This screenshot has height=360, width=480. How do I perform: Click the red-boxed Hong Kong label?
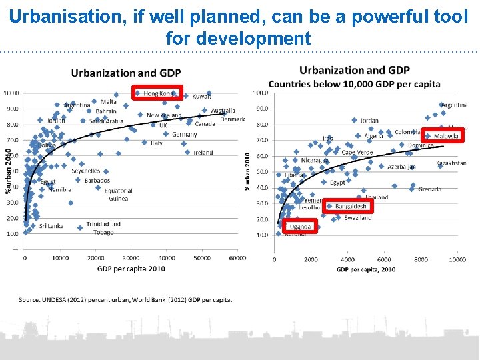coord(157,93)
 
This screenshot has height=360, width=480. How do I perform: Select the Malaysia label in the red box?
coord(446,136)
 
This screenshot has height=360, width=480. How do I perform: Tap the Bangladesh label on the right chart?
coord(351,206)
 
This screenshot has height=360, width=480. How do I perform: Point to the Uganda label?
coord(301,227)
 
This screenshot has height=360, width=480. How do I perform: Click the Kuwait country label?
coord(201,96)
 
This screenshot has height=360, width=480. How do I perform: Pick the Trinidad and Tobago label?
coord(103,228)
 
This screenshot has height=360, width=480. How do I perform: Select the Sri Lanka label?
coord(51,226)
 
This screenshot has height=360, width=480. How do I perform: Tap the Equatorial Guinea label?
coord(118,194)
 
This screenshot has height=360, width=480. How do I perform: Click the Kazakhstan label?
coord(451,163)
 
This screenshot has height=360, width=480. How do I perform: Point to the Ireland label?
coord(203,153)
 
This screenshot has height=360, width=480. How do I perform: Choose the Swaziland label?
coord(358,218)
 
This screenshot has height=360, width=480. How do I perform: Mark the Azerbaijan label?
coord(402,167)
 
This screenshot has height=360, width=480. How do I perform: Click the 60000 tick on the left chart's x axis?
coord(237,257)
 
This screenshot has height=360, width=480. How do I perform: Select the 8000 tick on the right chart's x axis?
coord(420,259)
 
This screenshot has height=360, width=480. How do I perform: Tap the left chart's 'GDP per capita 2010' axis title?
coord(130,268)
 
